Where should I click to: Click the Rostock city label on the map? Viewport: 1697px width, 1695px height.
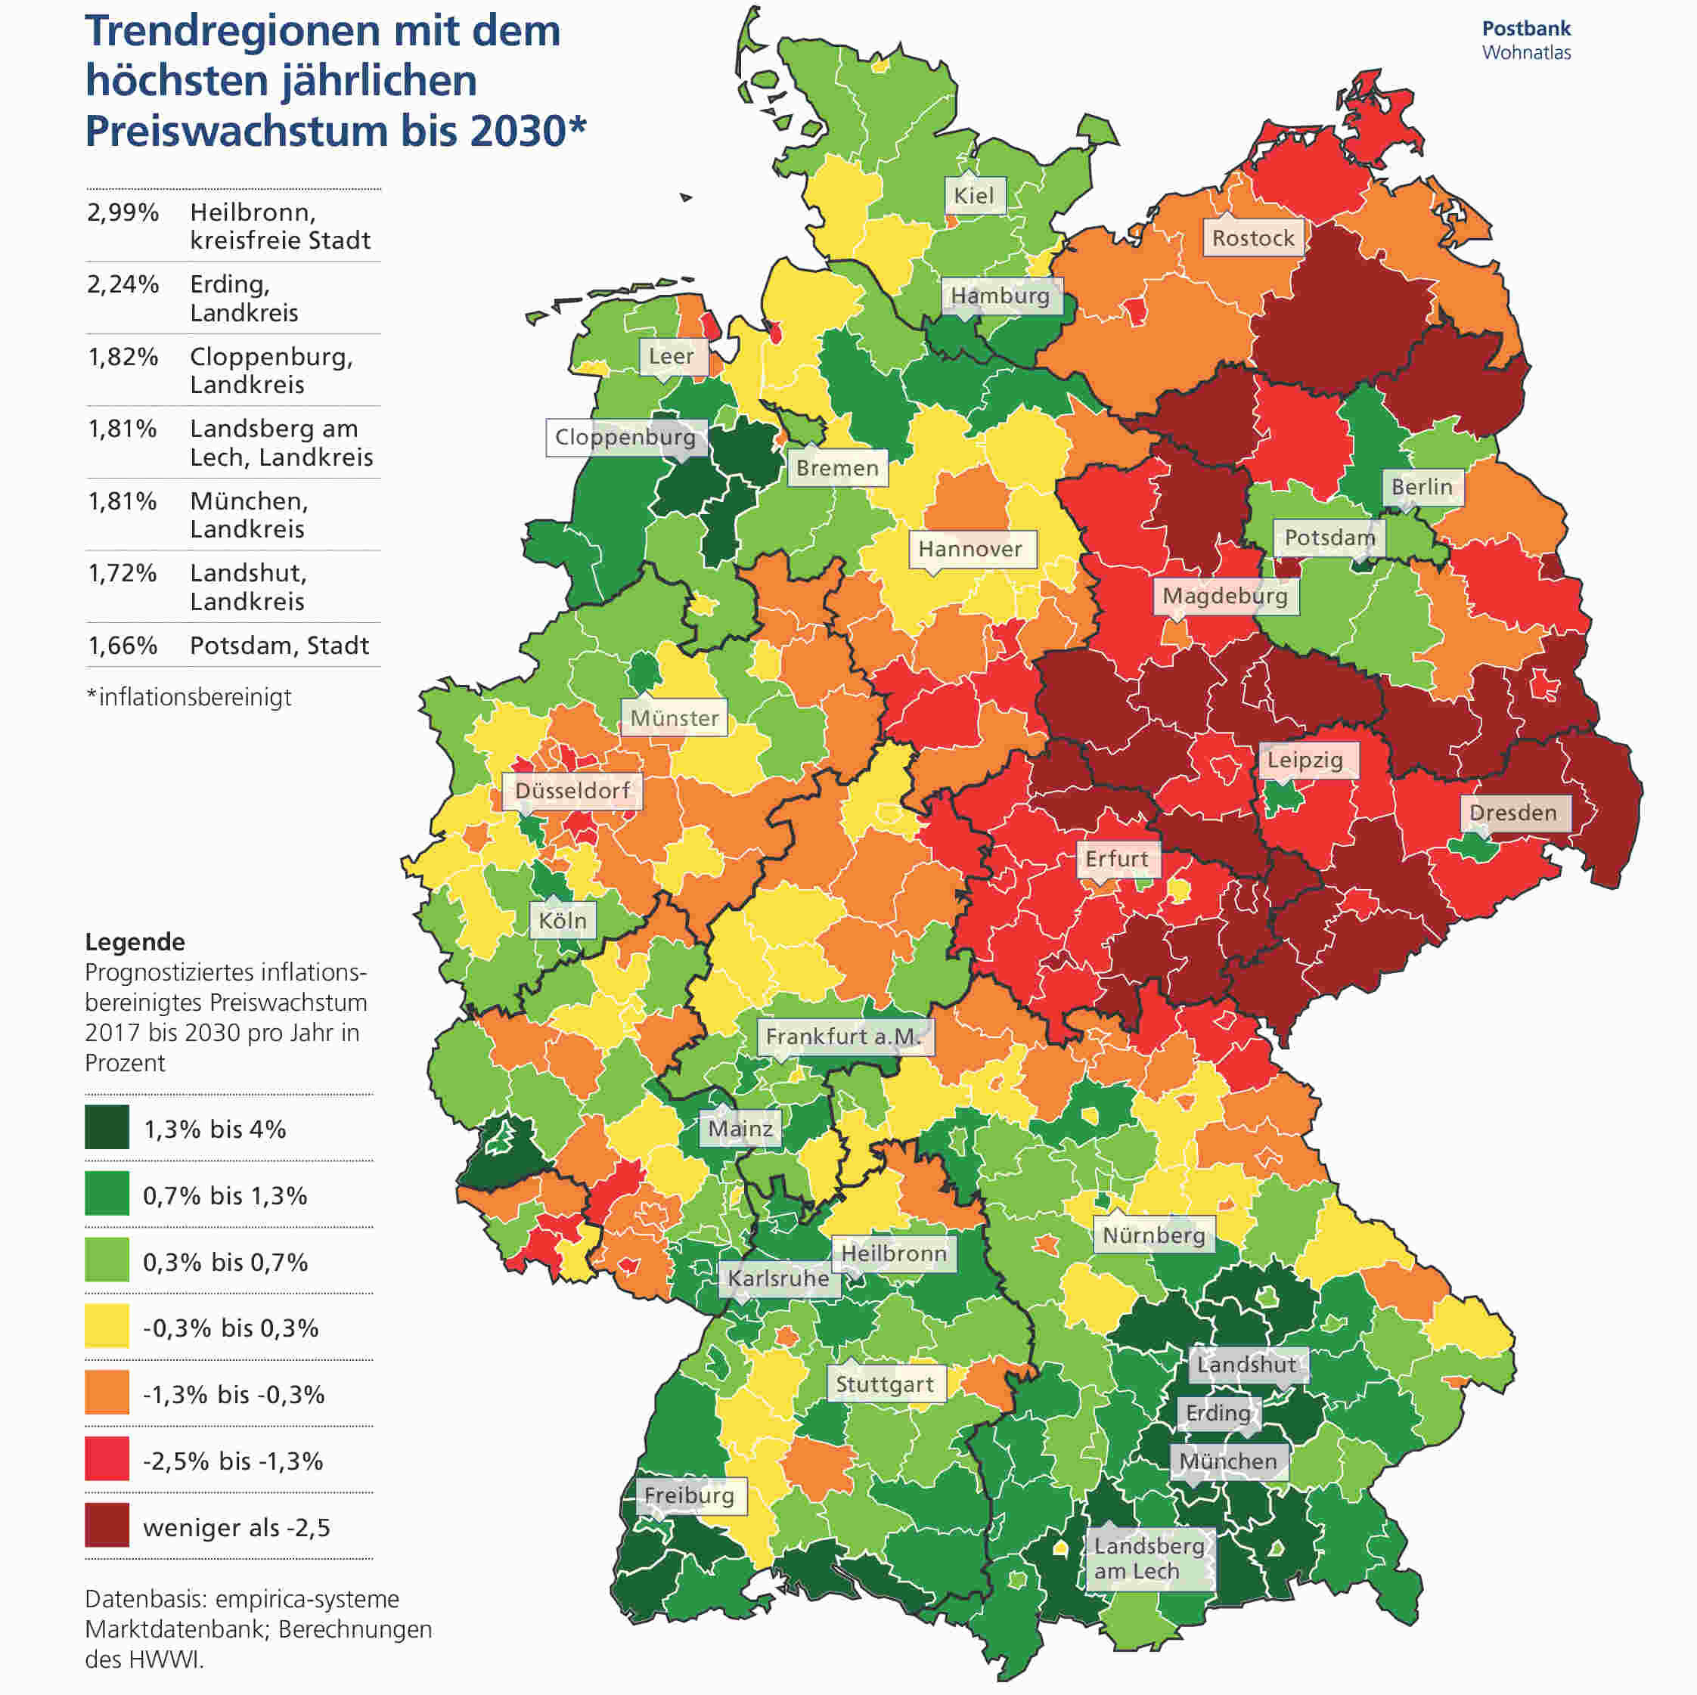1252,238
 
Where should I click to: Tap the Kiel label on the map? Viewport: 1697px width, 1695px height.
974,195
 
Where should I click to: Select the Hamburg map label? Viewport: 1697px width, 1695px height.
1001,295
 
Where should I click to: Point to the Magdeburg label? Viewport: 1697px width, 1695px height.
1224,597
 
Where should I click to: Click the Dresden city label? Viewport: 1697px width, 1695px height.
1512,813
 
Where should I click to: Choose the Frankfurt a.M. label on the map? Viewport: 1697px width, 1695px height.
843,1037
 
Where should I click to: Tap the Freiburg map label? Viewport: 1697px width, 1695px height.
690,1495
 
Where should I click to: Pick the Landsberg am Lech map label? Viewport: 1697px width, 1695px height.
1149,1558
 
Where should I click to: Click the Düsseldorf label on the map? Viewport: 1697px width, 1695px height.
572,790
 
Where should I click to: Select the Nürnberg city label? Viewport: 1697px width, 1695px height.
1153,1235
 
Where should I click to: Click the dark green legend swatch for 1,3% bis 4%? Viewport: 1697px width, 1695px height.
107,1128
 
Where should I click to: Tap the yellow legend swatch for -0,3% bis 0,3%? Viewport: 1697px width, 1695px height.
107,1326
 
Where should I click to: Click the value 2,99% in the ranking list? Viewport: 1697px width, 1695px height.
123,212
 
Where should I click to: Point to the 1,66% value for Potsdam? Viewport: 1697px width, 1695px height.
123,646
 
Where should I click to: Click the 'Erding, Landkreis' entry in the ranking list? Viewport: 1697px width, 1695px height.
244,299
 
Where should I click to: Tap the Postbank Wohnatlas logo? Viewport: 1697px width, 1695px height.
1527,40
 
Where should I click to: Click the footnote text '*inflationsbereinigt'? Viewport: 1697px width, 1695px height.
189,697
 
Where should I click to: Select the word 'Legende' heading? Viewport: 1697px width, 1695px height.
135,941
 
